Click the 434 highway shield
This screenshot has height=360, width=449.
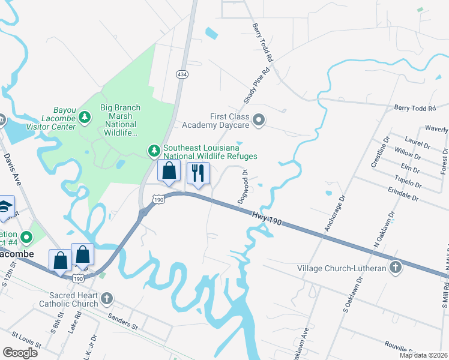click(181, 74)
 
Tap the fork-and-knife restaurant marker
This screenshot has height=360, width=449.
click(197, 174)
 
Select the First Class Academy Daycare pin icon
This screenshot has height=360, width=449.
click(259, 121)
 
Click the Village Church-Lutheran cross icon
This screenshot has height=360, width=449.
click(396, 268)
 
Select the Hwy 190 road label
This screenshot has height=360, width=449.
click(267, 218)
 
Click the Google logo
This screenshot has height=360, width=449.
click(20, 352)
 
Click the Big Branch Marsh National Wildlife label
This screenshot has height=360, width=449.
click(120, 120)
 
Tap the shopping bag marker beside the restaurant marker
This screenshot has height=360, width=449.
click(169, 170)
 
